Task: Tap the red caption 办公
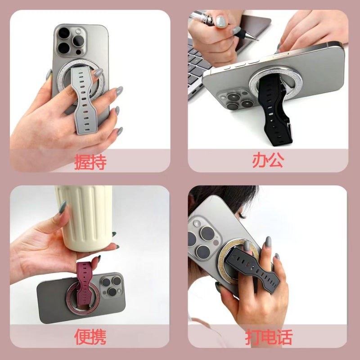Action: (x=268, y=161)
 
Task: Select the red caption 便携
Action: (x=90, y=337)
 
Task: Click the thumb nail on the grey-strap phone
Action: (x=98, y=72)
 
